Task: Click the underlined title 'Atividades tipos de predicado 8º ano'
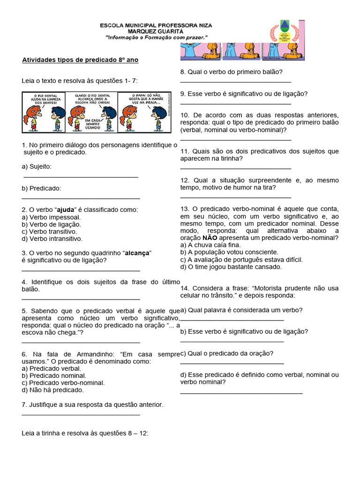click(80, 60)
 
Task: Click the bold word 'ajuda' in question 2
click(66, 210)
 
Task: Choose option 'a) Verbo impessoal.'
click(51, 217)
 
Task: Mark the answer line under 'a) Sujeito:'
click(81, 177)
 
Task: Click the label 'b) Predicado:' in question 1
click(42, 188)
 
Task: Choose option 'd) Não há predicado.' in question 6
click(52, 390)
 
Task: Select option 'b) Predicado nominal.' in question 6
click(54, 376)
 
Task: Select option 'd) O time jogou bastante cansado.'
click(231, 267)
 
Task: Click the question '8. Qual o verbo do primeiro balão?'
click(232, 72)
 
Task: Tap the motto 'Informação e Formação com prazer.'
click(156, 37)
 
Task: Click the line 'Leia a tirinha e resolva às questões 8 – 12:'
click(85, 434)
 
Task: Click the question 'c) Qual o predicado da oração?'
click(227, 353)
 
